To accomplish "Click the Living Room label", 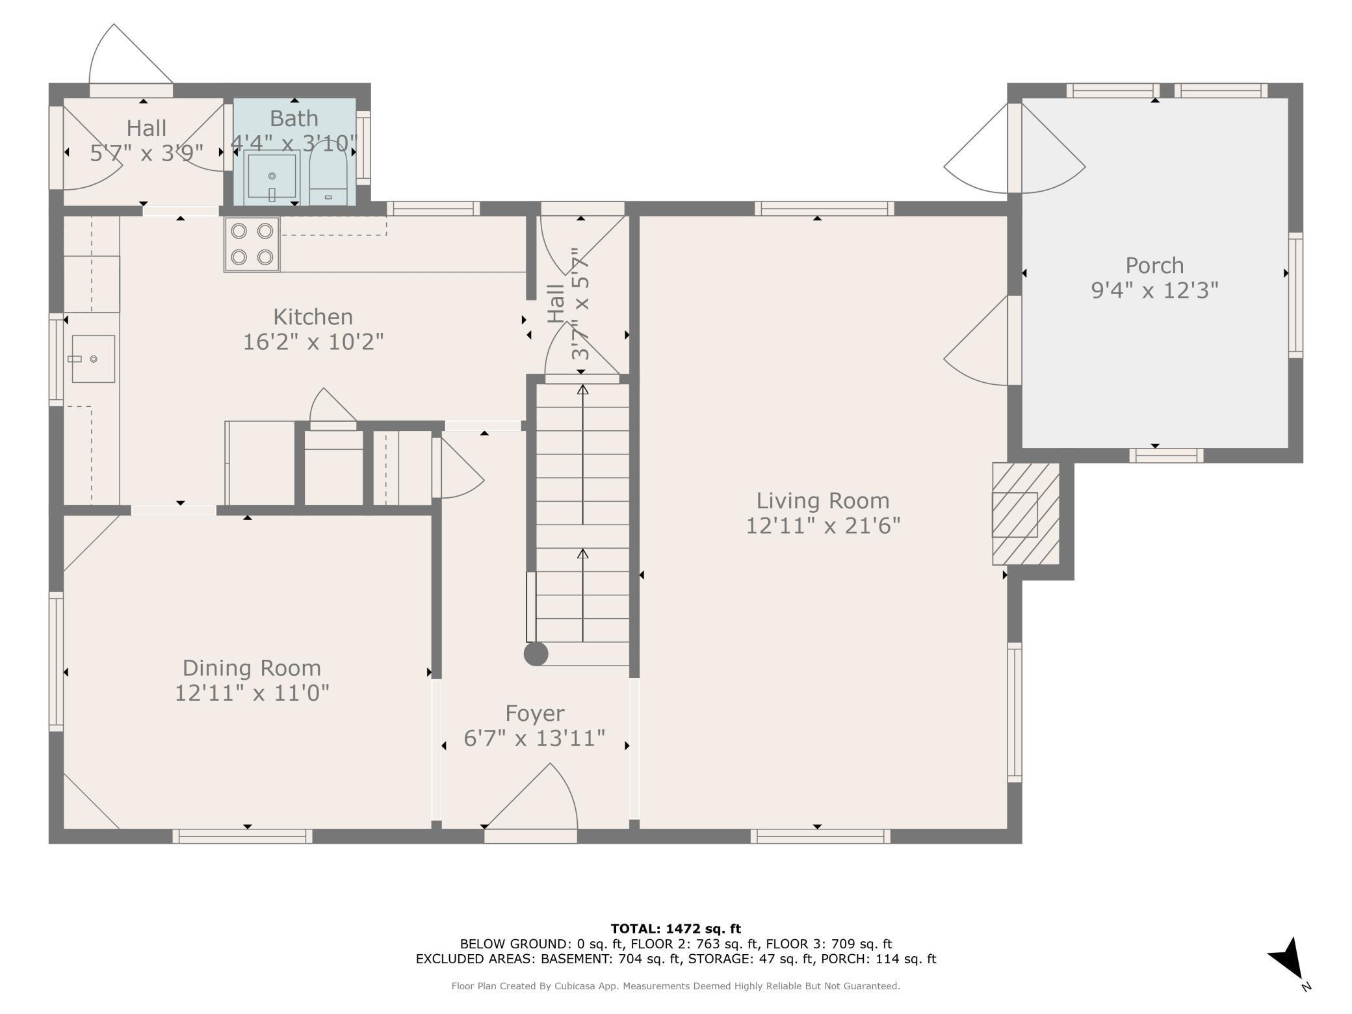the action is pyautogui.click(x=822, y=500).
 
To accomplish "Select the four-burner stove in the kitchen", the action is pyautogui.click(x=252, y=244).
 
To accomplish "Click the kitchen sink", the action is pyautogui.click(x=93, y=359).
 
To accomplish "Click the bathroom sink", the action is pyautogui.click(x=272, y=176).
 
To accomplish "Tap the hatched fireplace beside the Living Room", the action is pyautogui.click(x=1026, y=513).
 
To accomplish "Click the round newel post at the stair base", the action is pyautogui.click(x=536, y=654).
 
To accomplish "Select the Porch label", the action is pyautogui.click(x=1154, y=265).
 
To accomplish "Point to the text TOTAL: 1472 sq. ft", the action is pyautogui.click(x=676, y=929).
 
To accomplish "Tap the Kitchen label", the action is pyautogui.click(x=313, y=317).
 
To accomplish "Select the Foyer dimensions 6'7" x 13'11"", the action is pyautogui.click(x=534, y=738).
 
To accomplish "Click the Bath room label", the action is pyautogui.click(x=294, y=118).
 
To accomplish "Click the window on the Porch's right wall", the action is pyautogui.click(x=1295, y=295).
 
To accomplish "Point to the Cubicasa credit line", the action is pyautogui.click(x=676, y=986).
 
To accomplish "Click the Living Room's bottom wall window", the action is pyautogui.click(x=820, y=837).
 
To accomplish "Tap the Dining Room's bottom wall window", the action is pyautogui.click(x=242, y=837).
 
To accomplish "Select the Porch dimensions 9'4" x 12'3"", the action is pyautogui.click(x=1154, y=290).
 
